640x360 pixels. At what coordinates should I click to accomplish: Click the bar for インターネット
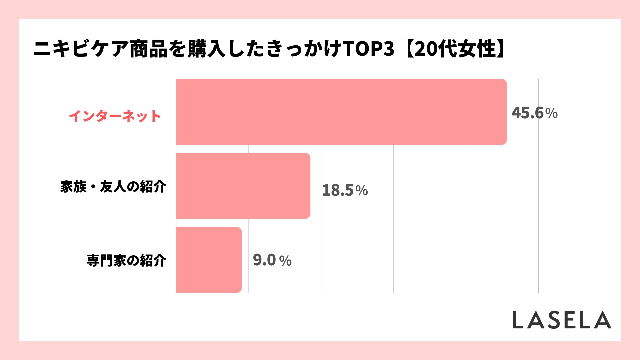[341, 112]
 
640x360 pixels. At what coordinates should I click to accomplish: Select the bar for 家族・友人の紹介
[243, 186]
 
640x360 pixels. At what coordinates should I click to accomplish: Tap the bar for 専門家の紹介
[209, 260]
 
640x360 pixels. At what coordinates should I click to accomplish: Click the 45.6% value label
[534, 113]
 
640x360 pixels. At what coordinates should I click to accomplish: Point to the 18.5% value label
[345, 190]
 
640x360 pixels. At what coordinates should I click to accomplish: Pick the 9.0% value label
[272, 260]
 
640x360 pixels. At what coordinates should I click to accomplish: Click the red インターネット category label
[115, 116]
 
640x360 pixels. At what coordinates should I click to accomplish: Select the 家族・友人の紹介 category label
[113, 187]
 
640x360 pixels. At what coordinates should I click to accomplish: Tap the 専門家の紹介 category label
[126, 260]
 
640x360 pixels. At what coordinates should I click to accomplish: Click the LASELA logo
[562, 320]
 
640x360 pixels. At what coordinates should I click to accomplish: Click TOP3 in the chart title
[368, 49]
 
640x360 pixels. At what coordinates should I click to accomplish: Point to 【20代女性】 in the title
[455, 49]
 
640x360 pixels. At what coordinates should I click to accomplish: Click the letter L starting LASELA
[518, 320]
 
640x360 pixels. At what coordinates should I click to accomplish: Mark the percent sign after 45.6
[552, 114]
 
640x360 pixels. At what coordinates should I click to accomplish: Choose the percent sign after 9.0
[285, 261]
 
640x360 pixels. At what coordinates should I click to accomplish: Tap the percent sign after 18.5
[362, 191]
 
